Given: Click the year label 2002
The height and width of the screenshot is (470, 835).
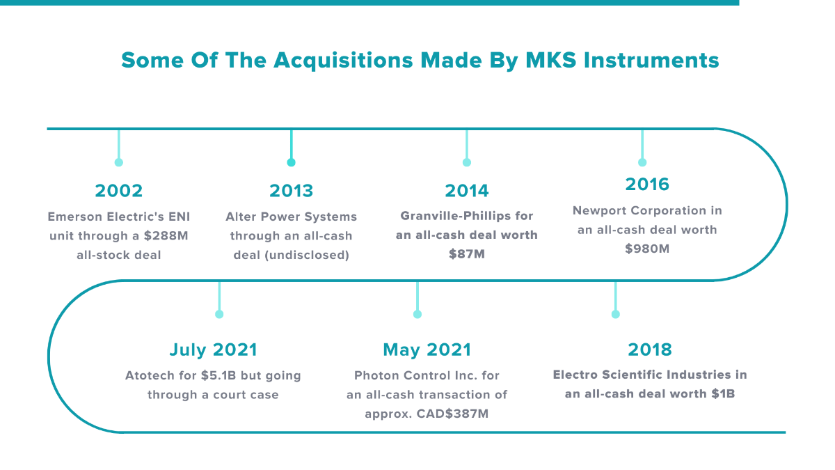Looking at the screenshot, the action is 118,191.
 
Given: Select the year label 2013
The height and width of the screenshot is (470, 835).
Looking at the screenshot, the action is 291,191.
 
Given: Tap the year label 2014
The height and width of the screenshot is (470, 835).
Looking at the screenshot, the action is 466,191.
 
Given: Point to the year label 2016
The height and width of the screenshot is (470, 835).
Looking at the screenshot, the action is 647,185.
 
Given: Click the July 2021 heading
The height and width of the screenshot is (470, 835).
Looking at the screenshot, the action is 213,350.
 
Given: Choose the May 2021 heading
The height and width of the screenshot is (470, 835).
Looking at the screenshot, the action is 427,350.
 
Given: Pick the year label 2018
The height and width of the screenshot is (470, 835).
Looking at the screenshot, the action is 650,350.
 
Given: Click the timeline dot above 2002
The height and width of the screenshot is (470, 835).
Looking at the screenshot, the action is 119,162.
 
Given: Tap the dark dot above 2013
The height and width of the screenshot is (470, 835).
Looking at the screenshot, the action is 292,162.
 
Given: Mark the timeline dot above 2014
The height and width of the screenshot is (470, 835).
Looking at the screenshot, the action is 467,162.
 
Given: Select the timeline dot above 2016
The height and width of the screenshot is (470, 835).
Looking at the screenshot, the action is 642,162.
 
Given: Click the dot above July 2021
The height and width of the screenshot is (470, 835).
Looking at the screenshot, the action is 219,314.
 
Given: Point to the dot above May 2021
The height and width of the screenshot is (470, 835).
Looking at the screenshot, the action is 417,314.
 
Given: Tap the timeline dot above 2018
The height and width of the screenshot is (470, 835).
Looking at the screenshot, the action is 615,314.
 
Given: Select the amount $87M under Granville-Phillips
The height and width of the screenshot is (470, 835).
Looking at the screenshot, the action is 466,254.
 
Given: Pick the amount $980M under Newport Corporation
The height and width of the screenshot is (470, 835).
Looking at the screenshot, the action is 647,248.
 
